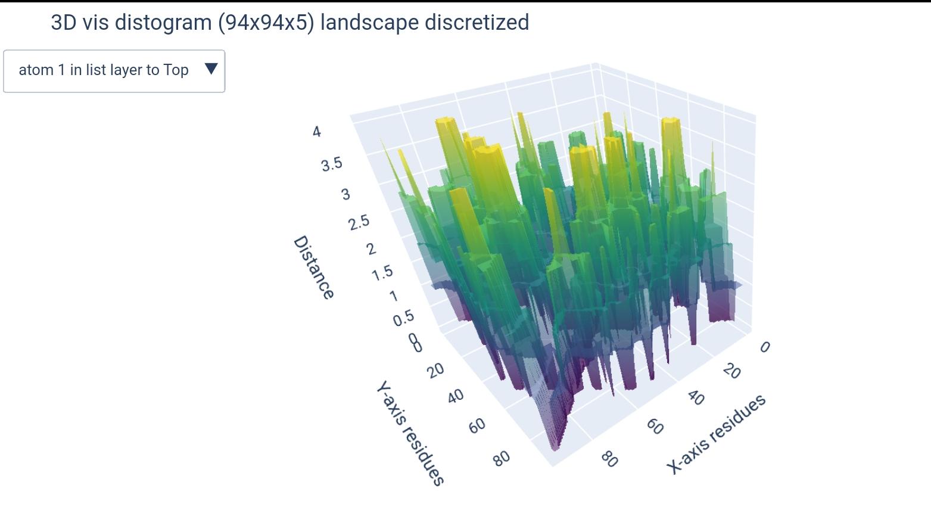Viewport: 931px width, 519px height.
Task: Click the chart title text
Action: point(289,23)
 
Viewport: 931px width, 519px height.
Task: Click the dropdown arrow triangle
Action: point(211,69)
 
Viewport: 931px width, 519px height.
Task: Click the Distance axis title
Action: point(313,268)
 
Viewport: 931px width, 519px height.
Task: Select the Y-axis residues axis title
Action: point(410,434)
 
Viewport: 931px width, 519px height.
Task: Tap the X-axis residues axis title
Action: point(715,434)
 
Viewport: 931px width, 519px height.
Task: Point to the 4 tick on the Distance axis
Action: point(316,132)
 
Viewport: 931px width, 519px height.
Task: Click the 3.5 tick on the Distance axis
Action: point(332,164)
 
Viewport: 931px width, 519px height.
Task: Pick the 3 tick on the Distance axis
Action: point(345,194)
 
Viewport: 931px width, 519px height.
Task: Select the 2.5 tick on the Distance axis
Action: point(359,223)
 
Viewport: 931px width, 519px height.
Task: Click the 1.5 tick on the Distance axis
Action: point(382,273)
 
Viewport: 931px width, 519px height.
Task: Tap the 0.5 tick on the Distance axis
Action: point(403,318)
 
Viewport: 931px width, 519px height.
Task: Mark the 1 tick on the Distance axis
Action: point(393,296)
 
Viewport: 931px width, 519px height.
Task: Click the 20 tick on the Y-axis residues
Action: point(435,370)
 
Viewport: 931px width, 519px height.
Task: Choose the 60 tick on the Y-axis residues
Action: point(477,425)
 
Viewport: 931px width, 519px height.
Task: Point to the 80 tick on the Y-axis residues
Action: point(502,458)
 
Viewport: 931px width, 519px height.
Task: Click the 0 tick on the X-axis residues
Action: point(765,347)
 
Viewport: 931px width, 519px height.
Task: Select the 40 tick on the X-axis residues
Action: point(695,397)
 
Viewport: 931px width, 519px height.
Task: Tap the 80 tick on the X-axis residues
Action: point(609,459)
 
